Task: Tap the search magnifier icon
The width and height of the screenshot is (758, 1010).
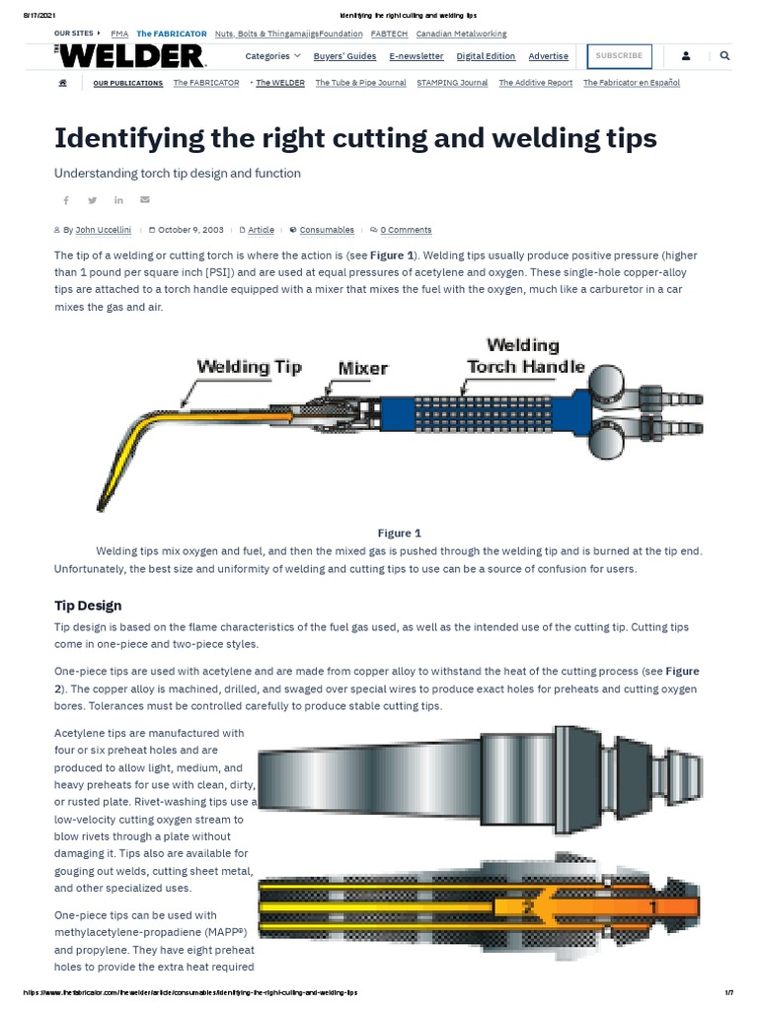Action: click(725, 56)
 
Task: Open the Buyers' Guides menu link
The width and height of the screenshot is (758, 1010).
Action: click(344, 56)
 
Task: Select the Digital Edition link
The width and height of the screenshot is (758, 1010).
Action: click(486, 56)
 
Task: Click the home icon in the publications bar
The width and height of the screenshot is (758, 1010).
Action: click(63, 83)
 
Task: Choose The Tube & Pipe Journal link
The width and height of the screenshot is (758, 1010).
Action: click(360, 83)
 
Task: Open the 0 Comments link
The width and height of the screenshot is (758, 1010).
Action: click(406, 230)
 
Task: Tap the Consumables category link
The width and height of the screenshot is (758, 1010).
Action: click(327, 230)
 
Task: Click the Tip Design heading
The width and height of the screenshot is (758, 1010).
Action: click(87, 605)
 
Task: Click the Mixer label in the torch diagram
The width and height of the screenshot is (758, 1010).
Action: click(363, 369)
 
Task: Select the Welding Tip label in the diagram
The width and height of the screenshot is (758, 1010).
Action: click(249, 367)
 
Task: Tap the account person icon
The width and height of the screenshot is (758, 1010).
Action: click(686, 56)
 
